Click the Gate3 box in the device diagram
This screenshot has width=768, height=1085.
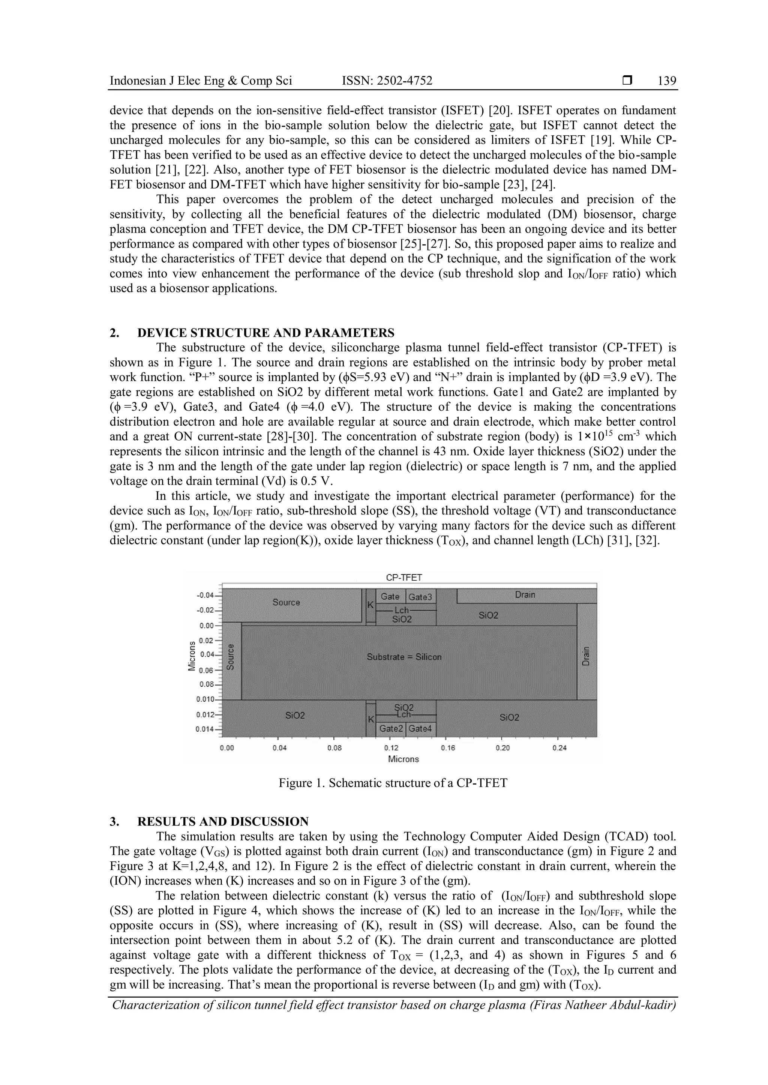420,597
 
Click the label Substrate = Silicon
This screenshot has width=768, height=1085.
404,657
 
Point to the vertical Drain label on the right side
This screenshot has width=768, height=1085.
586,656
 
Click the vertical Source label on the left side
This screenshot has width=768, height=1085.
231,657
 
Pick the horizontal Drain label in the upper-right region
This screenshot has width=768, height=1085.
525,595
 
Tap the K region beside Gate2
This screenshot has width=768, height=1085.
371,719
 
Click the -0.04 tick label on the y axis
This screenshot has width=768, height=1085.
206,595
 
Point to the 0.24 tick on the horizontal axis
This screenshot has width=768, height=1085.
559,748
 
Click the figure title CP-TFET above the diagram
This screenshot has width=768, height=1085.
404,577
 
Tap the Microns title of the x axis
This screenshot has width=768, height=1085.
403,759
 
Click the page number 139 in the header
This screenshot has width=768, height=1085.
667,81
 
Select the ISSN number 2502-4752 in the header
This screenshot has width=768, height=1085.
387,81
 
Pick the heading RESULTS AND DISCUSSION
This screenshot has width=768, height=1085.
223,821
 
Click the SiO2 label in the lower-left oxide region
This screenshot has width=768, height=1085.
295,716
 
